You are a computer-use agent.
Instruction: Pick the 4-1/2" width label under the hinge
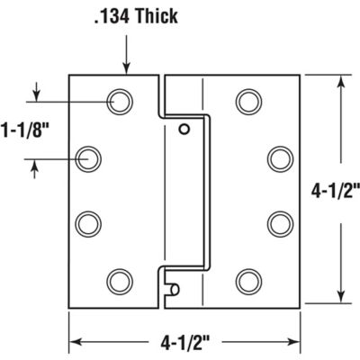[x=184, y=342]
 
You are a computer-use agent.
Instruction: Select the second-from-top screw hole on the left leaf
[x=88, y=159]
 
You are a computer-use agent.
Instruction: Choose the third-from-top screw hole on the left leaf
[x=88, y=220]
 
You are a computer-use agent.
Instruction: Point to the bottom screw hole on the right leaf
[x=248, y=280]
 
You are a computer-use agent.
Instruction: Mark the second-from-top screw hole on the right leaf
[x=279, y=159]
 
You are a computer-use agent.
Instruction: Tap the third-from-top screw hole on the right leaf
[x=279, y=220]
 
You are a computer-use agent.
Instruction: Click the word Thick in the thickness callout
[x=160, y=16]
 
